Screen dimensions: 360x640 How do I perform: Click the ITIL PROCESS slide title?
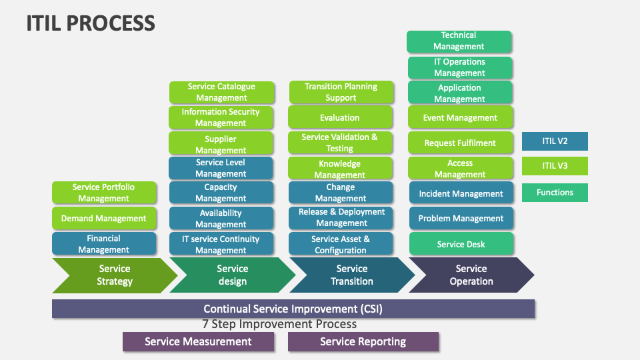coord(91,23)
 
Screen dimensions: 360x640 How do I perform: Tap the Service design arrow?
coord(233,275)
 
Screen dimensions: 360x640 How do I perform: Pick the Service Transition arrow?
coord(352,275)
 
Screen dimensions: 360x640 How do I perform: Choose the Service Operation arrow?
coord(471,275)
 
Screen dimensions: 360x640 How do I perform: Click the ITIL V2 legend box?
coord(554,141)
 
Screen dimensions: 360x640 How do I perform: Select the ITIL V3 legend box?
coord(554,166)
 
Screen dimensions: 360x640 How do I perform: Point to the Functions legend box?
coord(554,193)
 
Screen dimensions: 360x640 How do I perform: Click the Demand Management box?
coord(104,218)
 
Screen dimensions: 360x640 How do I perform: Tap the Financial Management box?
coord(104,244)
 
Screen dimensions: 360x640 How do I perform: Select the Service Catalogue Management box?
coord(221,92)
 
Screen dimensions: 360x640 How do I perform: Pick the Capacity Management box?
coord(221,193)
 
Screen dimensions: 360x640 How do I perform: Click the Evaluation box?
coord(340,117)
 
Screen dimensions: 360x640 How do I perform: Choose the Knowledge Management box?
coord(340,169)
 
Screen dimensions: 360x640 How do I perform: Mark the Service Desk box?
coord(461,244)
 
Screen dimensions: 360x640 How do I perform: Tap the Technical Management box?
coord(459,41)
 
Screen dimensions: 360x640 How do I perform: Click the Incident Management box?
coord(461,193)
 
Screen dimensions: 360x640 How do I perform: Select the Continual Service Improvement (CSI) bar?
coord(293,309)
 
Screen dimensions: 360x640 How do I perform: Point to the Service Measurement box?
coord(198,341)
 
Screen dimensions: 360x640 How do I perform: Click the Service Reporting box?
coord(363,341)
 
